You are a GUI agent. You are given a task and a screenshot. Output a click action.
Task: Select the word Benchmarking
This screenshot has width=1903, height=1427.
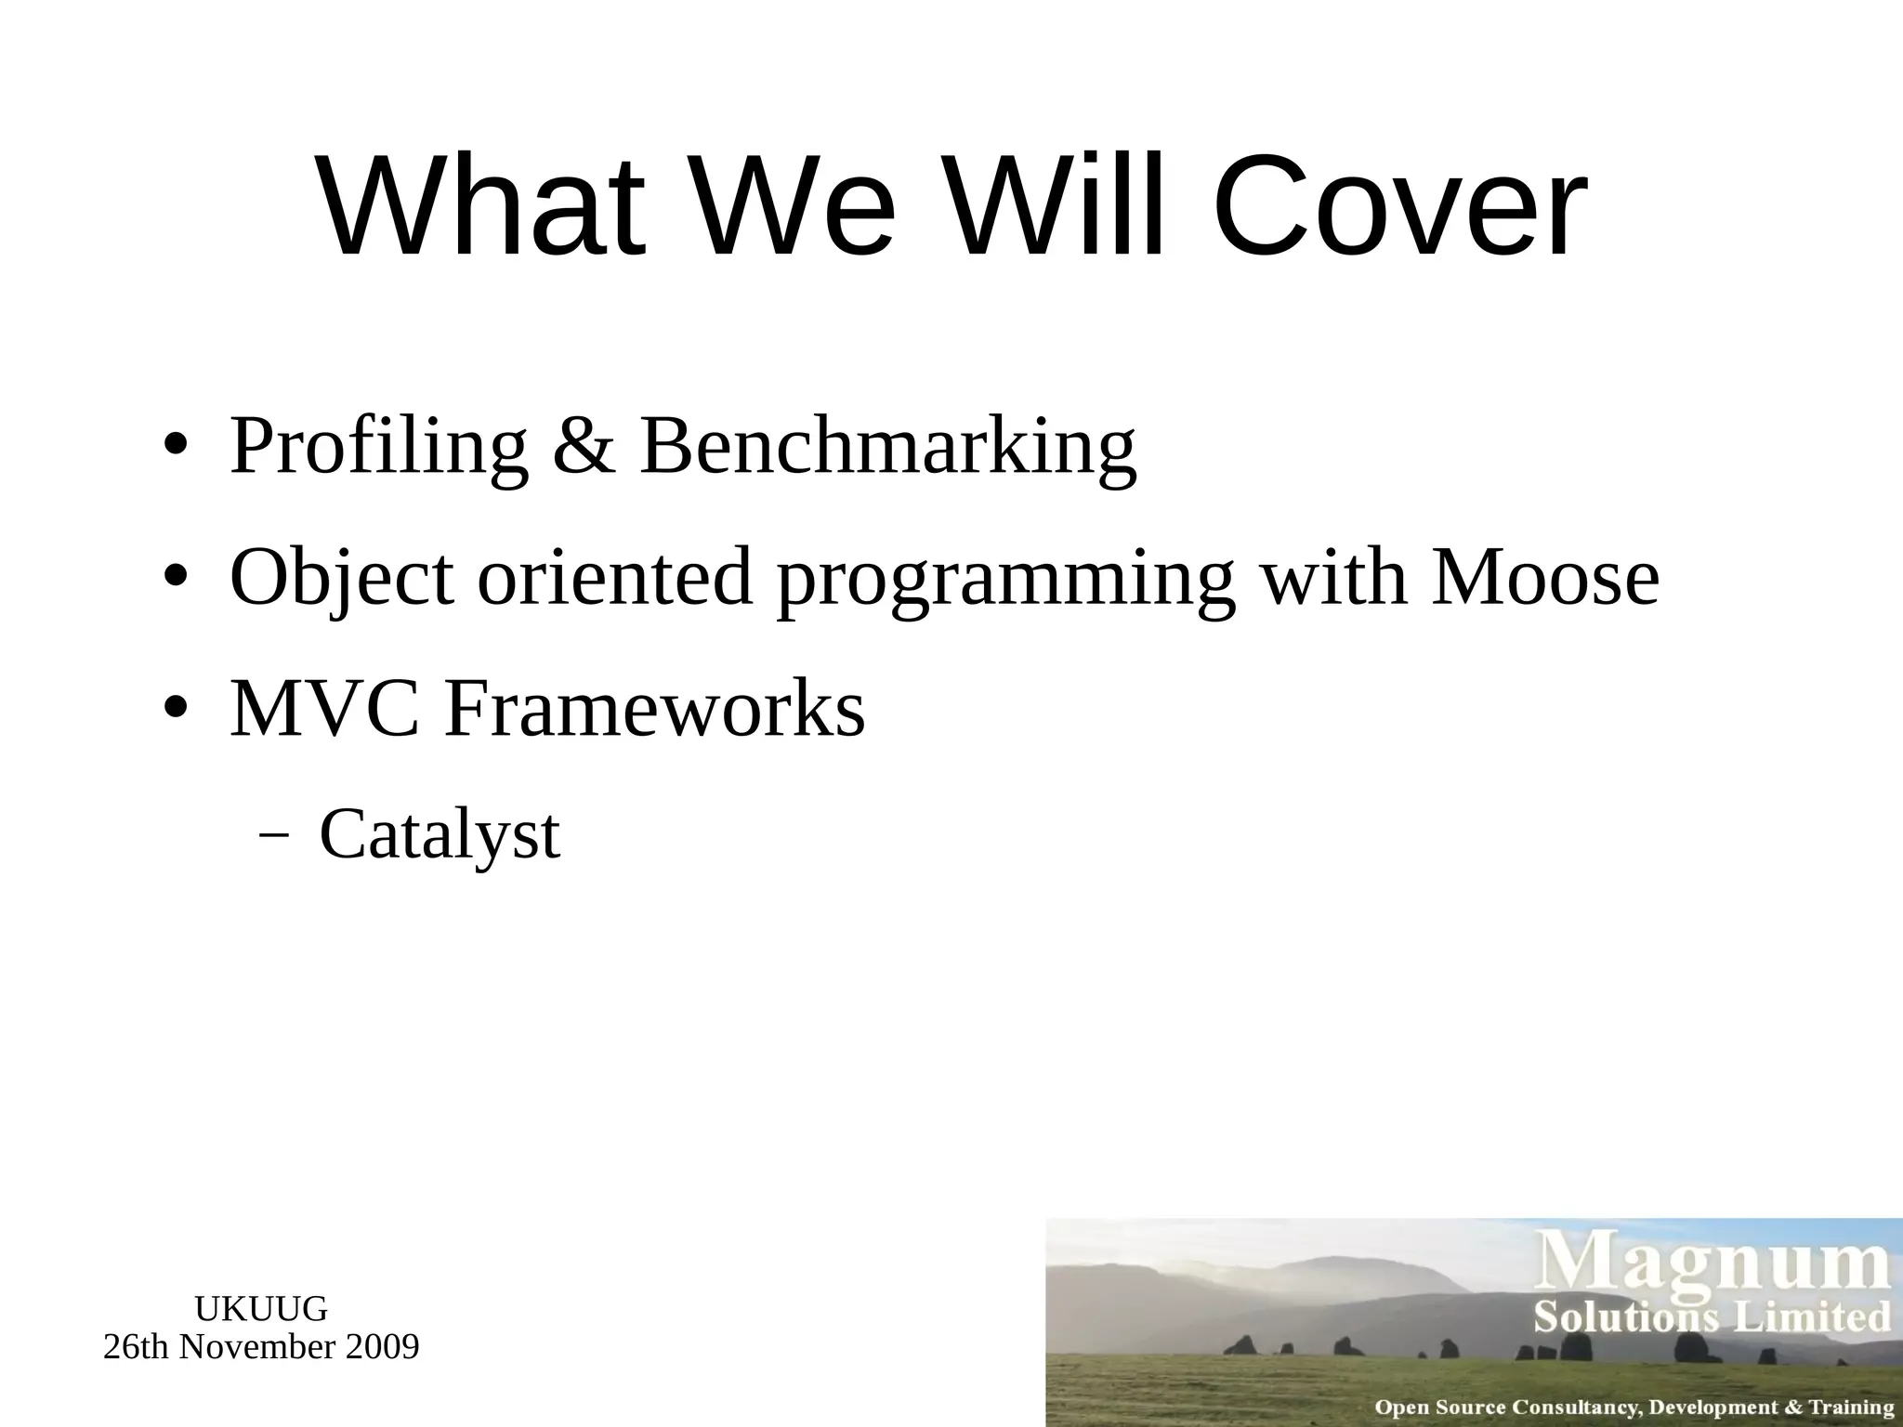pos(887,448)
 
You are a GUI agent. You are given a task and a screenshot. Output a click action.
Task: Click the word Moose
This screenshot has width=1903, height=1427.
pos(1544,578)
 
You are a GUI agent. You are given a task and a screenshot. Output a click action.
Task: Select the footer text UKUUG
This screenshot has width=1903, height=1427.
pos(261,1309)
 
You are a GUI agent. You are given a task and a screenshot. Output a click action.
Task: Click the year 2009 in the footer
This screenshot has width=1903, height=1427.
pos(381,1346)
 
